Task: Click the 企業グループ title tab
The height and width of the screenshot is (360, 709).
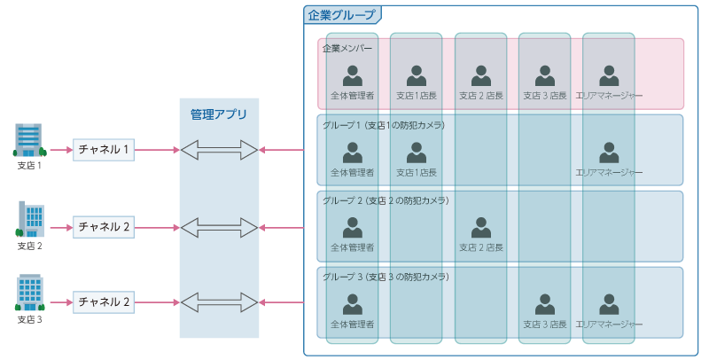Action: (x=341, y=15)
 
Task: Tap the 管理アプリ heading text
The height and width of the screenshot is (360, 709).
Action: (x=219, y=114)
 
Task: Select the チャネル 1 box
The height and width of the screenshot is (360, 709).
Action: (x=104, y=150)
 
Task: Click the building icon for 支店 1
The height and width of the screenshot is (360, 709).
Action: (x=29, y=140)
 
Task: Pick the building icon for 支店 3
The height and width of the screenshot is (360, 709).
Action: (x=29, y=293)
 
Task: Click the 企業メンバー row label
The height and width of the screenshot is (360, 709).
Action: (x=347, y=48)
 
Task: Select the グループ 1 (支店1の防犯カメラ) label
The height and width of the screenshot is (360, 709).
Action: (x=384, y=125)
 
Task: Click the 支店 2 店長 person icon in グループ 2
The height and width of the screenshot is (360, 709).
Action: (x=481, y=228)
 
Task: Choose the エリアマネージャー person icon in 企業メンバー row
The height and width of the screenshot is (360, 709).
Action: (x=609, y=75)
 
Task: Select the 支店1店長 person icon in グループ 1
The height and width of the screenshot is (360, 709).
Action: (x=417, y=152)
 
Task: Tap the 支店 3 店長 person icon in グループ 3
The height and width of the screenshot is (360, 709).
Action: (x=545, y=304)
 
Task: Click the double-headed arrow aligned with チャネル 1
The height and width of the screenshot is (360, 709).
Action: (x=219, y=150)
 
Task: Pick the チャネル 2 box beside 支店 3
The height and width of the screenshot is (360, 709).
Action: (x=104, y=302)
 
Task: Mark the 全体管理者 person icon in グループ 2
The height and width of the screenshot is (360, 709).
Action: (x=353, y=228)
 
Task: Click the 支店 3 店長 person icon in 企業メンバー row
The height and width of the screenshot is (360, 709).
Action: (x=545, y=75)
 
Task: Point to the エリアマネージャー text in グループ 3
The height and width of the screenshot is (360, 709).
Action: (x=609, y=325)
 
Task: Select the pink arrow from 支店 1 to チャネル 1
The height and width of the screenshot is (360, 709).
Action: (x=59, y=150)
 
